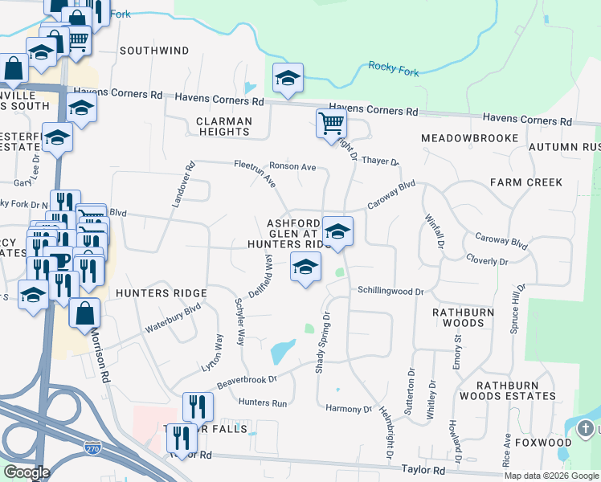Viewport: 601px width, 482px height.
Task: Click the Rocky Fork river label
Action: coord(393,71)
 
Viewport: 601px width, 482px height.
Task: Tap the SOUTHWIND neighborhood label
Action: coord(154,51)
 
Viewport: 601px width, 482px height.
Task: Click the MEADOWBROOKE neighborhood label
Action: coord(470,139)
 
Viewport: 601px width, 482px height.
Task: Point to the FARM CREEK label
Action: coord(527,182)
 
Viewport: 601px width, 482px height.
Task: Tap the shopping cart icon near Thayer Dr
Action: coord(331,124)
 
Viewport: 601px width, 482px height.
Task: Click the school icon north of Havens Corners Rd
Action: coord(288,78)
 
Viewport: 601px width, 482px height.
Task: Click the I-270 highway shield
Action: coord(94,443)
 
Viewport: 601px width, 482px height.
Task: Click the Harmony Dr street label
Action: coord(350,409)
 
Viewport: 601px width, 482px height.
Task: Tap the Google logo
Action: coord(26,472)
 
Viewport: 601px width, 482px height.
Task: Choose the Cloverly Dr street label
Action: coord(487,261)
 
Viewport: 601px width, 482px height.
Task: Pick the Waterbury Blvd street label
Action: coord(172,318)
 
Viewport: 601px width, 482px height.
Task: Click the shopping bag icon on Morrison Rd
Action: coord(84,312)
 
